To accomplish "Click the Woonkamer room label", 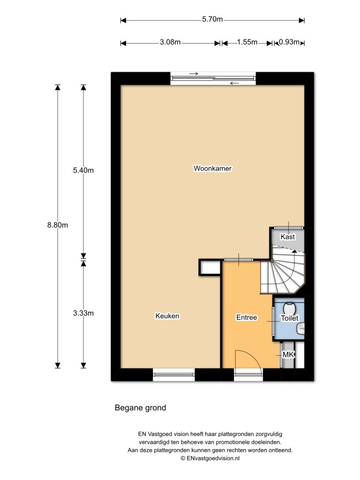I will click(213, 168).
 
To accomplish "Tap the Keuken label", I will click(167, 316).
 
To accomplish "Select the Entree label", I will click(247, 317).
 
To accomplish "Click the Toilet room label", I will click(289, 318).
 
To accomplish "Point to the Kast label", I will click(288, 237).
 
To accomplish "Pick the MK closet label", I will click(288, 355).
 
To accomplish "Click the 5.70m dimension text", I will click(212, 20).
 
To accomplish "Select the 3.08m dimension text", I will click(170, 42).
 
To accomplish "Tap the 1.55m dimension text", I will click(247, 42).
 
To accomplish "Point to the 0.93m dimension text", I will click(289, 42).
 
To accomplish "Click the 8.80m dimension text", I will click(58, 225).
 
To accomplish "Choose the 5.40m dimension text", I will click(83, 170).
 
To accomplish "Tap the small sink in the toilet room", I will click(300, 329).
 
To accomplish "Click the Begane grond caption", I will click(140, 408).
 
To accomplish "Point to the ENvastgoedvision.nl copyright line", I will click(210, 459).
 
